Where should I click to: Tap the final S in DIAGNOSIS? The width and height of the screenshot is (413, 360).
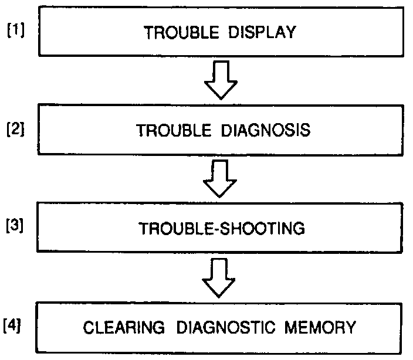[305, 130]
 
